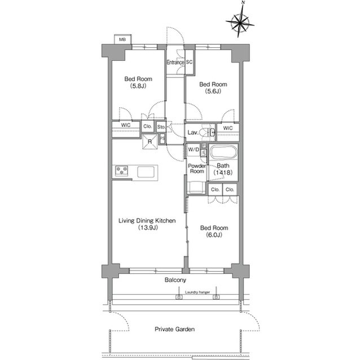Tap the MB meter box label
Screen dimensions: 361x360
coord(122,39)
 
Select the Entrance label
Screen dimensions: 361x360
coord(175,63)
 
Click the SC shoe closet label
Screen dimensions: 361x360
coord(189,62)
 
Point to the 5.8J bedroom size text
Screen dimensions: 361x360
coord(138,86)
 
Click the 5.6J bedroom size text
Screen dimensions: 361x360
coord(213,91)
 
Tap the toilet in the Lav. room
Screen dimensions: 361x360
coord(205,132)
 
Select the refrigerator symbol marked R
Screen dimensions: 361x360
coord(150,141)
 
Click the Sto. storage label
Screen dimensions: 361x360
coord(161,127)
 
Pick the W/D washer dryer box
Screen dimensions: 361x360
coord(193,150)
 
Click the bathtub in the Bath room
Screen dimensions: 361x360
coord(223,152)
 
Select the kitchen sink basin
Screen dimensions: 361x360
coord(146,172)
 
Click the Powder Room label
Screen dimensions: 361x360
coord(197,168)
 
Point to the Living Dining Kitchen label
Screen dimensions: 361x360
coord(147,221)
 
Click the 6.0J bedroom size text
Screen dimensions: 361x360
coord(214,235)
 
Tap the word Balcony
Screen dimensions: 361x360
coord(175,280)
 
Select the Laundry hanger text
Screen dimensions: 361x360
coord(197,292)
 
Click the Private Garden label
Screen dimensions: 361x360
coord(174,329)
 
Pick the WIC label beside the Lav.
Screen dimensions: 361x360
coord(228,128)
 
